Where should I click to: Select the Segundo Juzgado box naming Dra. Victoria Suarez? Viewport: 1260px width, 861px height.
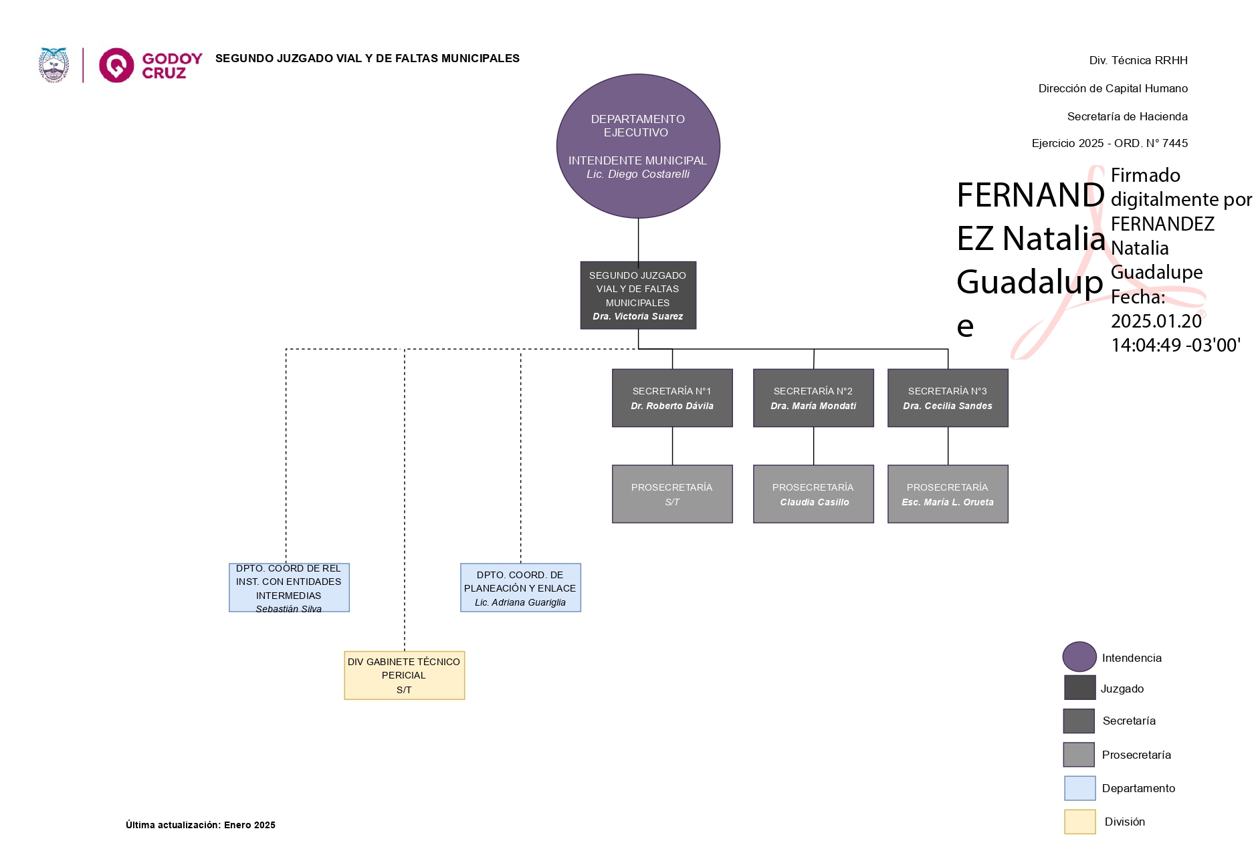pyautogui.click(x=637, y=295)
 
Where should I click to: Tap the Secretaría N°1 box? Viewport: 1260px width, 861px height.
pyautogui.click(x=672, y=398)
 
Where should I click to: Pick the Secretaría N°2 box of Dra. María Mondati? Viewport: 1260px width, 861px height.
pyautogui.click(x=813, y=398)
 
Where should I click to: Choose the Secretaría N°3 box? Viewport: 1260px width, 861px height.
pyautogui.click(x=948, y=398)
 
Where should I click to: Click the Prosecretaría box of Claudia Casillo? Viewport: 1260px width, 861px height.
pyautogui.click(x=813, y=494)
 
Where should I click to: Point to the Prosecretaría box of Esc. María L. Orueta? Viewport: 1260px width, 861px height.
pyautogui.click(x=948, y=494)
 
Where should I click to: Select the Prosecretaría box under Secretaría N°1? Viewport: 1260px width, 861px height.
pyautogui.click(x=672, y=494)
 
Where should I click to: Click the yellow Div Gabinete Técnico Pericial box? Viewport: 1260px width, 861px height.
pyautogui.click(x=404, y=675)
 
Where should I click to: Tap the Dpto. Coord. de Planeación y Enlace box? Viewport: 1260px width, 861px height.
pyautogui.click(x=520, y=588)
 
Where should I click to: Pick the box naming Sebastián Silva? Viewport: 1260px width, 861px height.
pyautogui.click(x=289, y=588)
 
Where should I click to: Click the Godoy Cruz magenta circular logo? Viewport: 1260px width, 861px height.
pyautogui.click(x=116, y=65)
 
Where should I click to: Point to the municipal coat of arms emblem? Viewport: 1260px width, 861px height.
pyautogui.click(x=54, y=65)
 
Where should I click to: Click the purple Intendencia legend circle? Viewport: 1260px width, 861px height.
pyautogui.click(x=1079, y=656)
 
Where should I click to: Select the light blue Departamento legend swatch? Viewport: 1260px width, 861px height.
pyautogui.click(x=1079, y=788)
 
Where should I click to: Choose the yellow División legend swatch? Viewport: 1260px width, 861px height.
pyautogui.click(x=1079, y=822)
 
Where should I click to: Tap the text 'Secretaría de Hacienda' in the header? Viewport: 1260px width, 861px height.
pyautogui.click(x=1127, y=116)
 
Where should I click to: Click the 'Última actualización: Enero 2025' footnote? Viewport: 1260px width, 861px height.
pyautogui.click(x=201, y=825)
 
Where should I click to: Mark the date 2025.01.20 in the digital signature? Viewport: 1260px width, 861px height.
pyautogui.click(x=1156, y=321)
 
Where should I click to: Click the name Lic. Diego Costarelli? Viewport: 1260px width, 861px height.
pyautogui.click(x=637, y=174)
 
